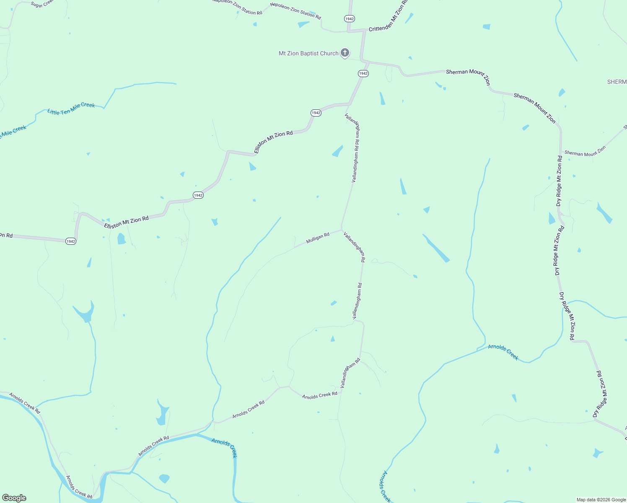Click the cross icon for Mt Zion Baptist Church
click(x=345, y=53)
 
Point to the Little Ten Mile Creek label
click(x=71, y=108)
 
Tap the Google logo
click(x=14, y=498)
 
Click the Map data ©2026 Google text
click(x=601, y=500)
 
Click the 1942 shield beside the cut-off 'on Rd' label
click(x=71, y=241)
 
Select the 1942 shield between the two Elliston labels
click(x=198, y=195)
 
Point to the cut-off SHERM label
click(x=617, y=82)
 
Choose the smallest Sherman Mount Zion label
click(x=585, y=151)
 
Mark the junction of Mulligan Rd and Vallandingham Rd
click(x=342, y=229)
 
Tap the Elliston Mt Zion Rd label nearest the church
click(x=273, y=142)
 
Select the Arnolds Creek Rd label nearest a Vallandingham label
click(x=319, y=395)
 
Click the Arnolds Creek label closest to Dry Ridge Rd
click(x=503, y=352)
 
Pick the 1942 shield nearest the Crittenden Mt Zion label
click(x=350, y=19)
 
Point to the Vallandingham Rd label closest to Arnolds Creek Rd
click(x=350, y=373)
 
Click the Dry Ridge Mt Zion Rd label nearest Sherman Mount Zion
click(x=559, y=181)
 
